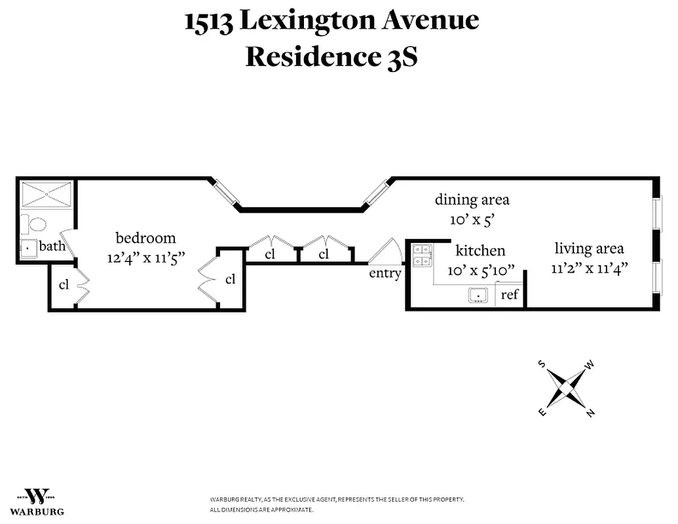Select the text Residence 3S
[331, 57]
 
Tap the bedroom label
[145, 238]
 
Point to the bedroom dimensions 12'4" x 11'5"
[147, 257]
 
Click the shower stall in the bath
[47, 195]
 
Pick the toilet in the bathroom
[35, 225]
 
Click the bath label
[52, 247]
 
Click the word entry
[385, 273]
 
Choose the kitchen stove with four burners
[421, 255]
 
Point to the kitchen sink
[479, 295]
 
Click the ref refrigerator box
[510, 295]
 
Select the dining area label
[472, 199]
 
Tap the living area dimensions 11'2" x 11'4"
[589, 268]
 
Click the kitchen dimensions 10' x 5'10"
[480, 270]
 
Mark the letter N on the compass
[590, 413]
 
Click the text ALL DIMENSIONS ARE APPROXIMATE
[261, 510]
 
